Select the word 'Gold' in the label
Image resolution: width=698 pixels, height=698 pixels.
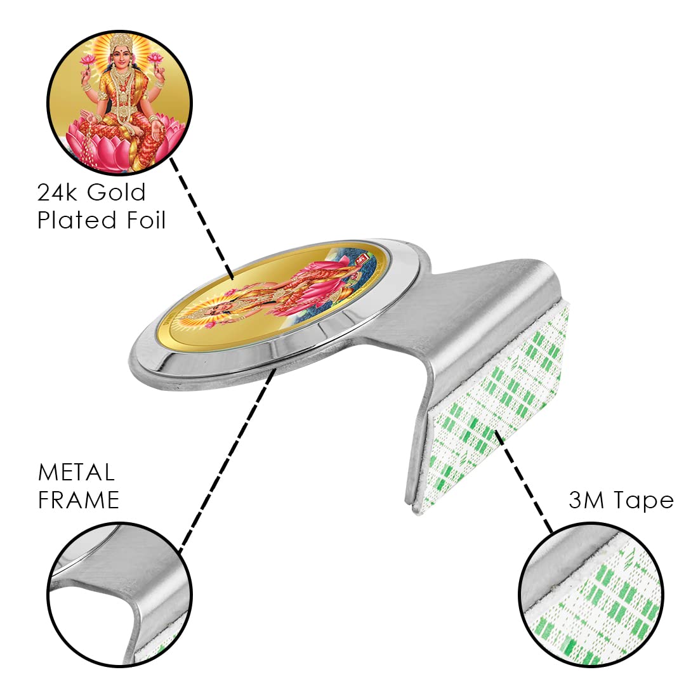pyautogui.click(x=117, y=192)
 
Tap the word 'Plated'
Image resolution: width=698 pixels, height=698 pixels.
pyautogui.click(x=77, y=220)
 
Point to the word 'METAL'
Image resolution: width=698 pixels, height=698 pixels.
pyautogui.click(x=76, y=472)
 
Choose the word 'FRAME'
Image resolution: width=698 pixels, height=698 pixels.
pyautogui.click(x=79, y=500)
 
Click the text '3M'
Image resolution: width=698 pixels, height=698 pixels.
pyautogui.click(x=588, y=501)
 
